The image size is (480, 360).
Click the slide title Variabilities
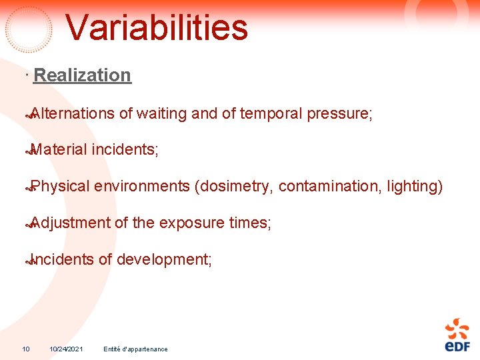tap(157, 28)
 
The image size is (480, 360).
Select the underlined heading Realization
tap(82, 75)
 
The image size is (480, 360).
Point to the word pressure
tap(339, 114)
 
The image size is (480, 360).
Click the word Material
tap(59, 150)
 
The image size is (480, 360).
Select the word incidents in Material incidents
tap(125, 150)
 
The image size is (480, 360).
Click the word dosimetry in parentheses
tap(233, 187)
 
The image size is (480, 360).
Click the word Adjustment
tap(70, 223)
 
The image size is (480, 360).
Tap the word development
tap(164, 259)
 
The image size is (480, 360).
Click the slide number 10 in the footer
tap(26, 349)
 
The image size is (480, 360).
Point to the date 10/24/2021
tap(66, 349)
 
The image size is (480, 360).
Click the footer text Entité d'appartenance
tap(136, 349)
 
